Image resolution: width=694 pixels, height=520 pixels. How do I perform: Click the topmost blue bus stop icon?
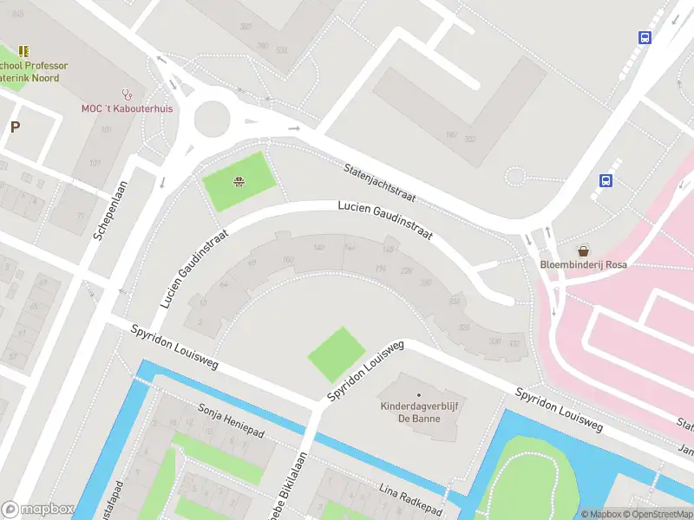coord(645,37)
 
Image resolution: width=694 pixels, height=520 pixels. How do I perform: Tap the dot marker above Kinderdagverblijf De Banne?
coord(418,395)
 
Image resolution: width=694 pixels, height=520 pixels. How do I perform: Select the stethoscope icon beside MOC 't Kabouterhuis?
coord(128,94)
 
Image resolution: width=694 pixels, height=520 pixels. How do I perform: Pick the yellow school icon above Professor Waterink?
coord(23,51)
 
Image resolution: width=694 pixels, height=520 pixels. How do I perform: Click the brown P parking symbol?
coord(15,127)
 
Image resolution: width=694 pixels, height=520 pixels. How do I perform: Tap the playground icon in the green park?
coord(237,181)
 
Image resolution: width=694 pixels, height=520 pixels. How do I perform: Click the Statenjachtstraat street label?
coord(380,183)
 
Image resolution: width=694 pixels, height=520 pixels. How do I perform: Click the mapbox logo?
coord(36,510)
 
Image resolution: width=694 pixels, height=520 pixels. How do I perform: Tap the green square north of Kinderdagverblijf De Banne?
coord(337,354)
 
